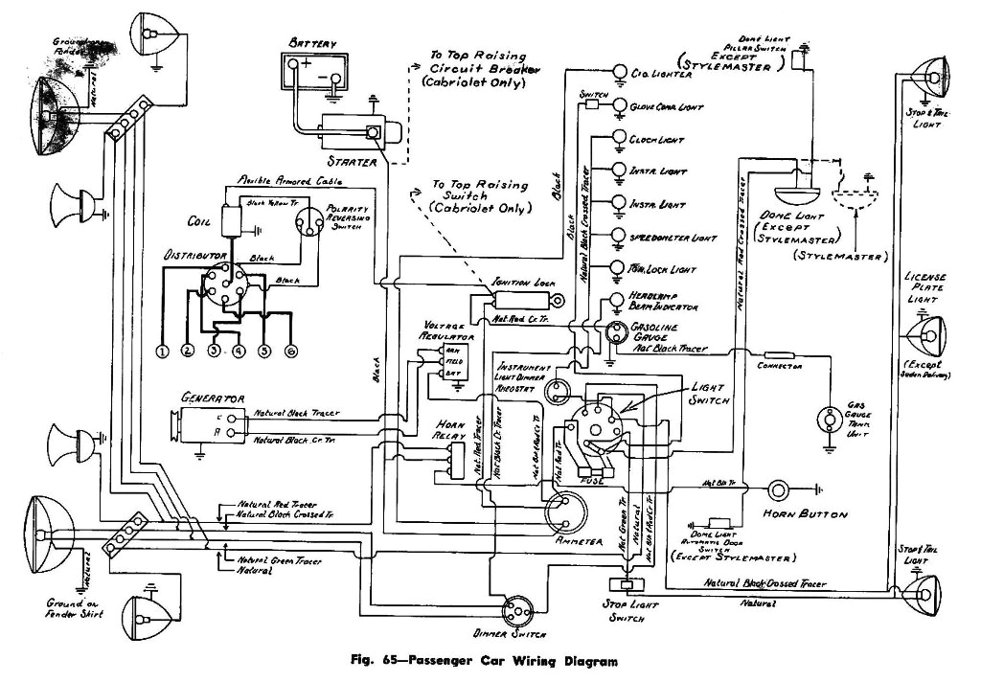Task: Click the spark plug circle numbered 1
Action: point(164,352)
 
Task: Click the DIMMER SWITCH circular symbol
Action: point(516,606)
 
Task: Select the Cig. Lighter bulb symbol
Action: point(619,73)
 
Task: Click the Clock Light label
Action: point(652,140)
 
